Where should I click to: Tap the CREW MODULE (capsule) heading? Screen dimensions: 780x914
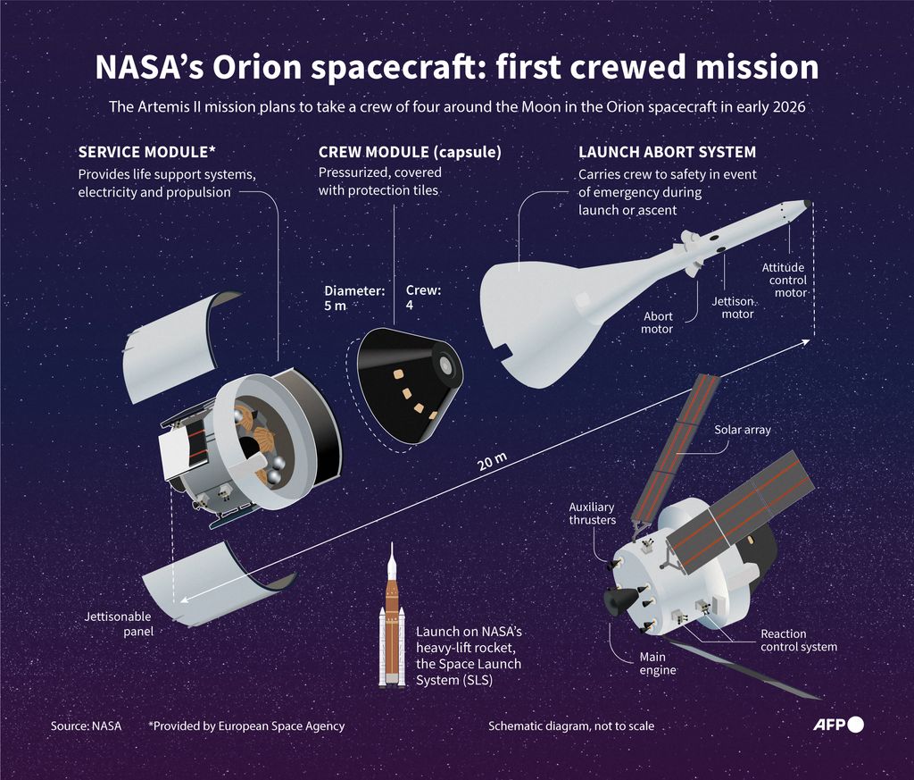(x=410, y=153)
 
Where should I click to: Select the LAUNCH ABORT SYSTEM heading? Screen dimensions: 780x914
(x=667, y=153)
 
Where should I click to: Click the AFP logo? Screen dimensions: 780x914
(x=838, y=725)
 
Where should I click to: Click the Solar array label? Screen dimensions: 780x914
(x=742, y=430)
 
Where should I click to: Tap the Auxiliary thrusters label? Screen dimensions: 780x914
(x=592, y=514)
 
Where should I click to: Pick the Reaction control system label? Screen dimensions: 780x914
(x=798, y=641)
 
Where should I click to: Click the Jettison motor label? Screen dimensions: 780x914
(x=732, y=307)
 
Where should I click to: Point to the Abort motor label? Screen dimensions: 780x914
(x=657, y=323)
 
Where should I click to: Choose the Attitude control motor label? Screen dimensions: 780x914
(x=783, y=280)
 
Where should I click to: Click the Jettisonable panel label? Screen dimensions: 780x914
(x=118, y=624)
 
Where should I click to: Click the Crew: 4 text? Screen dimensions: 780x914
(x=423, y=298)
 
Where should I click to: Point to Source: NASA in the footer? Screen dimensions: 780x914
(x=86, y=726)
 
